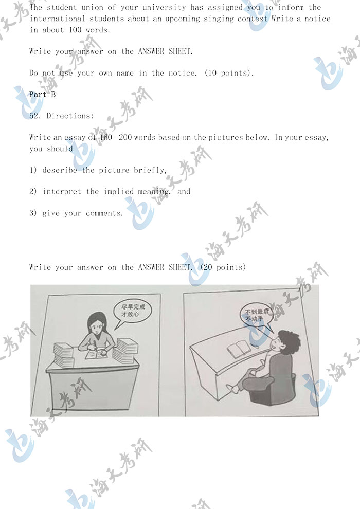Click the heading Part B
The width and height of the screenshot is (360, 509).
[42, 95]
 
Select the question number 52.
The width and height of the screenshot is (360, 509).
[35, 116]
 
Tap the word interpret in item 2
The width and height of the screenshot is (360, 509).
[62, 191]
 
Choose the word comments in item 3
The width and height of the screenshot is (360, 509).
[104, 213]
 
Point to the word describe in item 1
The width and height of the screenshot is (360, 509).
[60, 170]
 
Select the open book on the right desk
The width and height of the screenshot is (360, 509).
[239, 349]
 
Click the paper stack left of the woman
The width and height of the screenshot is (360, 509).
[64, 354]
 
